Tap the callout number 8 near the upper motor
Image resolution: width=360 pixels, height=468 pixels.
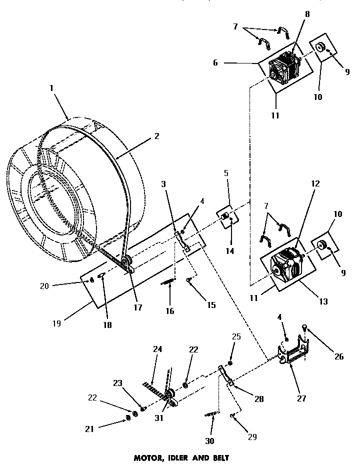coord(307,14)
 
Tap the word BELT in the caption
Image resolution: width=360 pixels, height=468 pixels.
coord(220,457)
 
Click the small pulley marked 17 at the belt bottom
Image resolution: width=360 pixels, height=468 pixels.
coord(126,261)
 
